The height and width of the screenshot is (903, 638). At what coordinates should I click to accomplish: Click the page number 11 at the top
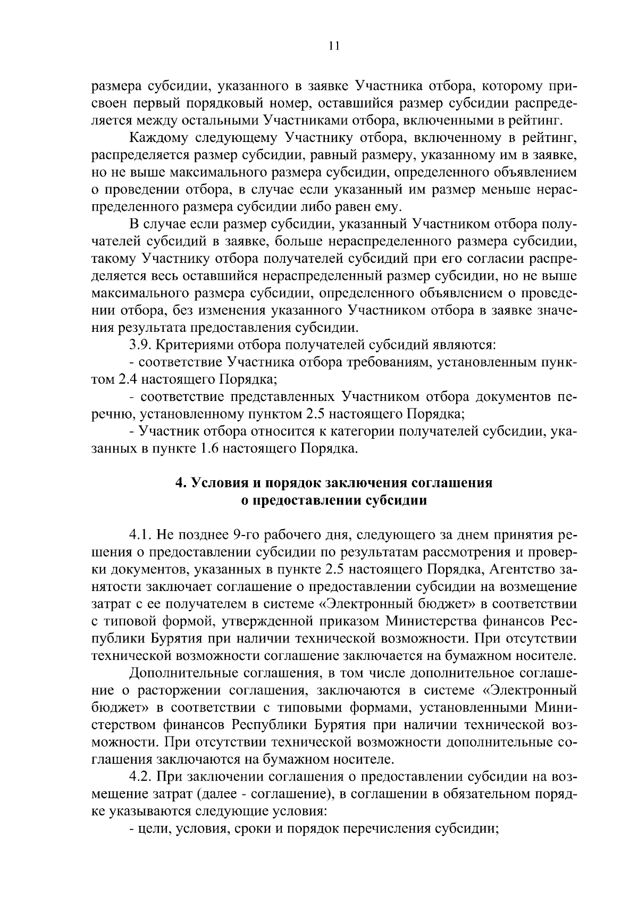[x=334, y=46]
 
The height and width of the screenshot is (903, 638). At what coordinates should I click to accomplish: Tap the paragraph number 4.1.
[x=140, y=535]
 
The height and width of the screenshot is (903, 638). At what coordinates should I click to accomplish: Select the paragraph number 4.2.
[x=140, y=777]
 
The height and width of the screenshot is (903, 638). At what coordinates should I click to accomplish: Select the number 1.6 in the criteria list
[x=208, y=448]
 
